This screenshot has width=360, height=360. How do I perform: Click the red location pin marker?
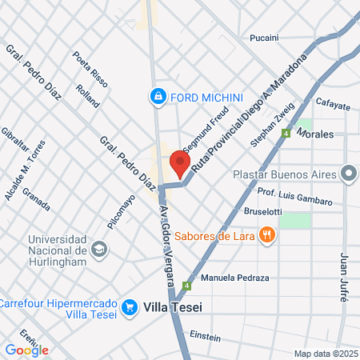180,164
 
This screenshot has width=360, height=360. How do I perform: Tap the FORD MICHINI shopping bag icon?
158,97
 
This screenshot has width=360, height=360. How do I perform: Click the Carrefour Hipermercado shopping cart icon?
129,306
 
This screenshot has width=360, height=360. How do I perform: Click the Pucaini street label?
264,38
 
